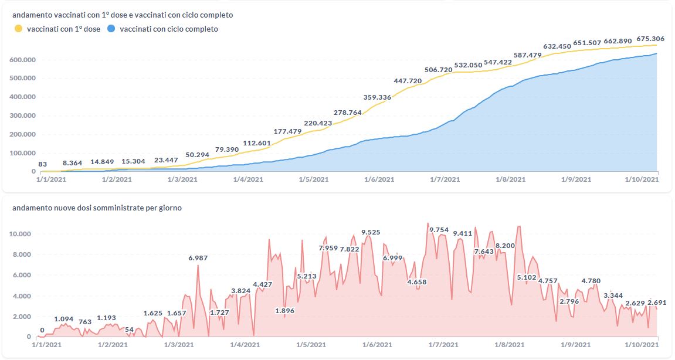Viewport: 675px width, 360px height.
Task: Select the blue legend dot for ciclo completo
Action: coord(111,29)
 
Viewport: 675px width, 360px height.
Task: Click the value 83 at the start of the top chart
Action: coord(42,165)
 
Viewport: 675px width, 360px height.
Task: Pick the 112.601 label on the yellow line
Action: coord(256,143)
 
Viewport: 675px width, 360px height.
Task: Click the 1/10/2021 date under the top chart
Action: coord(642,179)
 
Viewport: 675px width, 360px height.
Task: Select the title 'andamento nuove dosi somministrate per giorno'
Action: coord(97,208)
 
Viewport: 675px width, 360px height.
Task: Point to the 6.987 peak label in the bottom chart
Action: coord(198,258)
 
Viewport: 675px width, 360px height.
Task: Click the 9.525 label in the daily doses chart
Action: coord(371,232)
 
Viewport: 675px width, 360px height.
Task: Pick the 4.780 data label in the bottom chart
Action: coord(591,281)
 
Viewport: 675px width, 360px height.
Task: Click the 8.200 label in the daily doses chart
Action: coord(505,246)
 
